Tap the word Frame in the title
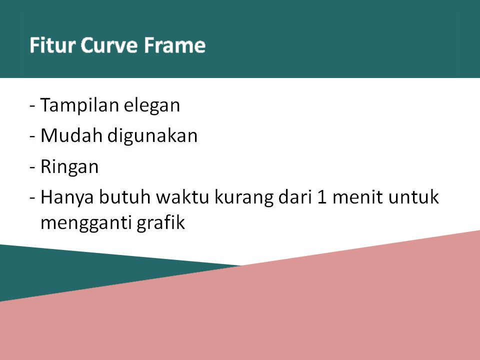click(x=174, y=45)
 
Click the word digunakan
click(x=152, y=136)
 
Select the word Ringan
click(x=69, y=167)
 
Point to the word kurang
click(x=243, y=198)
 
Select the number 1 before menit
click(x=322, y=197)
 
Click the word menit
click(x=357, y=197)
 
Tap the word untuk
click(x=413, y=197)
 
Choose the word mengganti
click(x=86, y=223)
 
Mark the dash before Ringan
click(x=32, y=167)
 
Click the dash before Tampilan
click(x=32, y=106)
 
